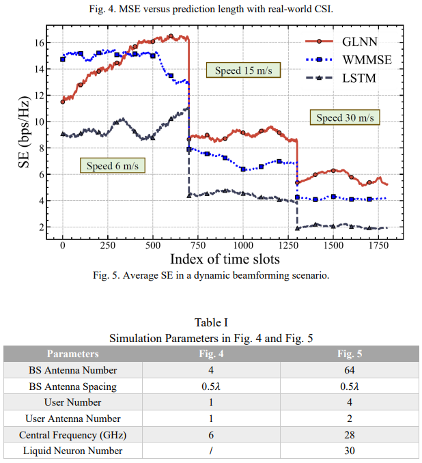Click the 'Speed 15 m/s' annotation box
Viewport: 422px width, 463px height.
click(x=243, y=70)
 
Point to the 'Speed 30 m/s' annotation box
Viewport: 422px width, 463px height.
click(x=345, y=117)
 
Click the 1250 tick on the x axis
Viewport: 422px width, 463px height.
click(x=288, y=244)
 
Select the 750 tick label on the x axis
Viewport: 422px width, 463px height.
click(x=198, y=244)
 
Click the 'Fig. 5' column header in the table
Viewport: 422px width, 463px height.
click(x=349, y=354)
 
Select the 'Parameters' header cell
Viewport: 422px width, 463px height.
click(x=72, y=354)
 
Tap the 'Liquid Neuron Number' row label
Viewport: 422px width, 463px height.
click(x=72, y=451)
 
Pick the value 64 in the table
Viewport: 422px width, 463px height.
click(x=349, y=370)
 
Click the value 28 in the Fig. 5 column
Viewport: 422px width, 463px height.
click(x=349, y=434)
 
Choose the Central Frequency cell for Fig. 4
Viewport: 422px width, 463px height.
click(x=212, y=434)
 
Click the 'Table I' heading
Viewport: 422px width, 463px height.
click(x=211, y=322)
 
